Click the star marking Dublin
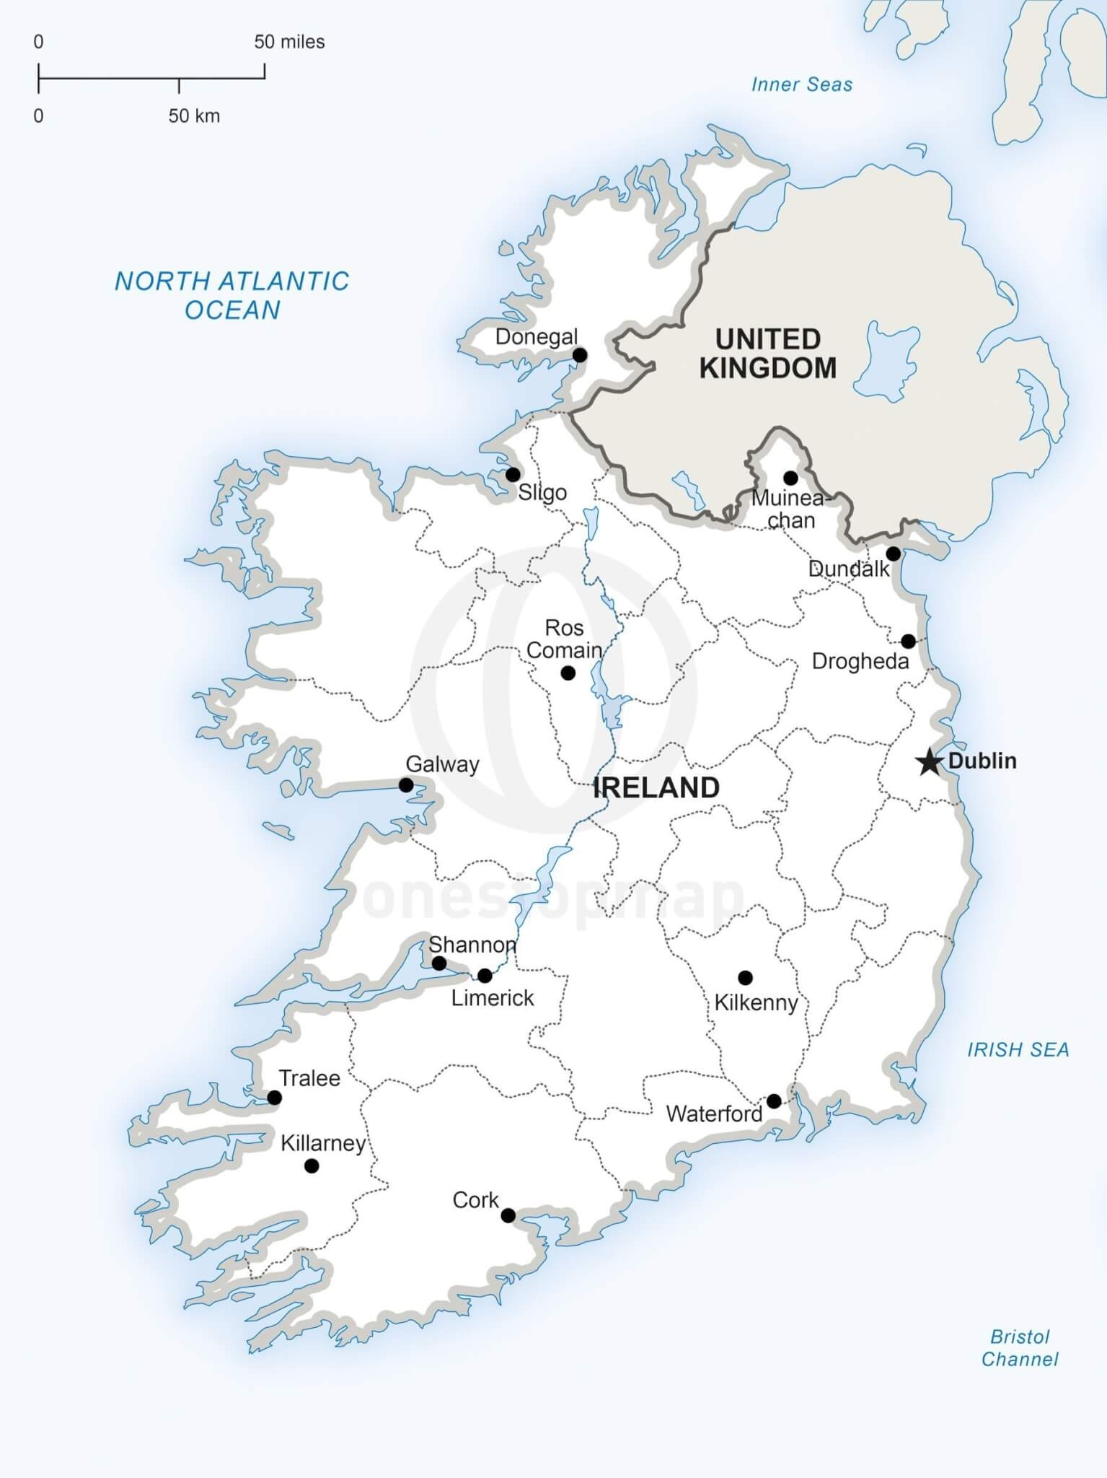coord(930,761)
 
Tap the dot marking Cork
coord(508,1215)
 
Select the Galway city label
coord(442,764)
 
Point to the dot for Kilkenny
coord(745,978)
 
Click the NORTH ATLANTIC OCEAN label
coord(232,295)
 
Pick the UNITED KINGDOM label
coord(768,354)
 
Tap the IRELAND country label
coord(656,787)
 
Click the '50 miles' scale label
coord(289,42)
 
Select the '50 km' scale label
coord(194,115)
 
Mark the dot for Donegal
coord(579,355)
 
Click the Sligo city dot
coord(513,475)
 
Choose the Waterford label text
coord(714,1114)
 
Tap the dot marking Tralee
coord(274,1098)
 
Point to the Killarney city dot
coord(312,1166)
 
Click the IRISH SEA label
coord(1018,1049)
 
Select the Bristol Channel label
coord(1020,1348)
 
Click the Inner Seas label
coord(801,84)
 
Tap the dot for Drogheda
coord(908,641)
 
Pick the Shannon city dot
coord(438,963)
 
